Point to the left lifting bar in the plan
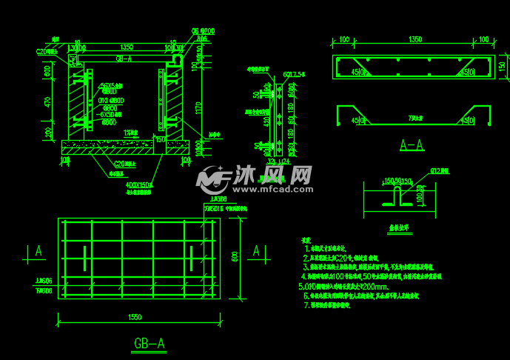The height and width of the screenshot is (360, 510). click(84, 259)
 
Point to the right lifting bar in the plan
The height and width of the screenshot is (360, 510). click(191, 259)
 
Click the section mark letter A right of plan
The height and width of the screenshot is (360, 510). click(256, 251)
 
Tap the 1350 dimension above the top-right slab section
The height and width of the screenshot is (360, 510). click(415, 39)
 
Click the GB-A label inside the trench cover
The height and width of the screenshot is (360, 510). click(124, 58)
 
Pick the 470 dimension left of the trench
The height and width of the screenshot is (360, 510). click(47, 103)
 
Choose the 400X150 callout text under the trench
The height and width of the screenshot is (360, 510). click(138, 184)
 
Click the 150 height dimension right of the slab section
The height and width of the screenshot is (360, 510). click(502, 67)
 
